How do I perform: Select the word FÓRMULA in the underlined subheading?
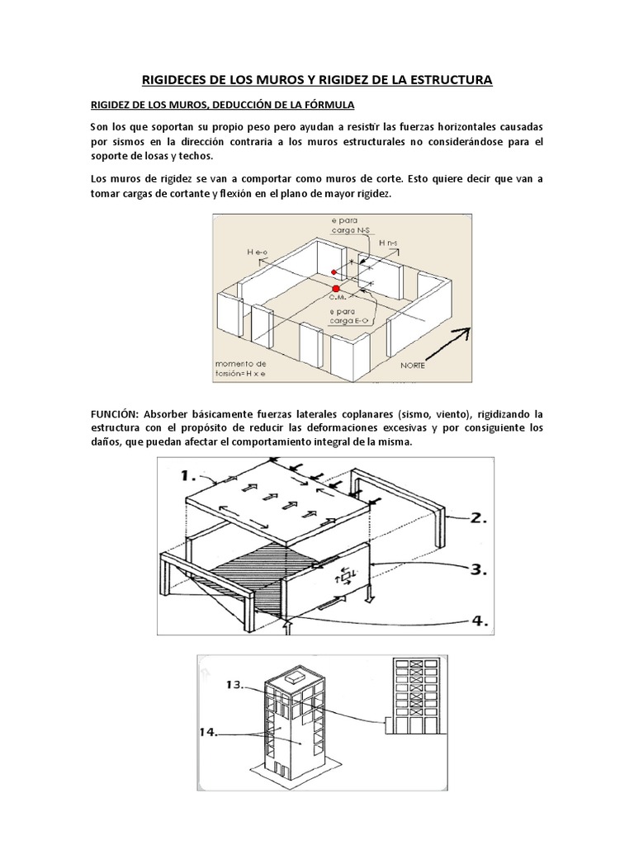pyautogui.click(x=329, y=106)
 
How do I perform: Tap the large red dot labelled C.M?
pyautogui.click(x=335, y=288)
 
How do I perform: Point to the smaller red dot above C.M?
pyautogui.click(x=334, y=271)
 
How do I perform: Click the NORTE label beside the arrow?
pyautogui.click(x=413, y=366)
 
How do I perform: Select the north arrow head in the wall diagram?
pyautogui.click(x=466, y=332)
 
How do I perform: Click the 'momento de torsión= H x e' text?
pyautogui.click(x=240, y=367)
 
